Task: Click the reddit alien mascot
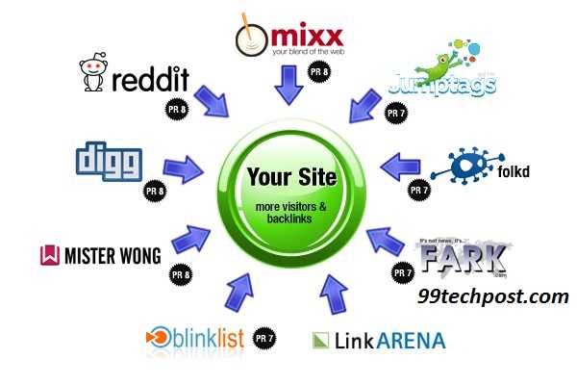[x=94, y=78]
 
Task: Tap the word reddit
[x=148, y=81]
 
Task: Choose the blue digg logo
[x=109, y=163]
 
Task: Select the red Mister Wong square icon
[x=49, y=256]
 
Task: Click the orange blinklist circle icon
[x=155, y=338]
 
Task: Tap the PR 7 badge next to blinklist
[x=263, y=338]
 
